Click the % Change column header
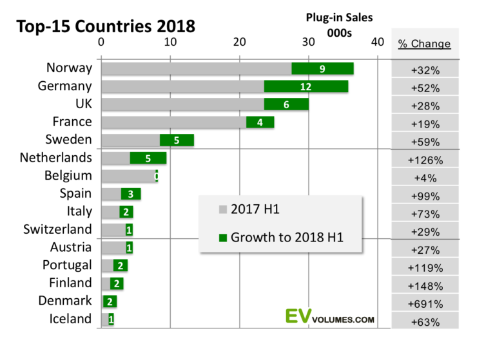(424, 44)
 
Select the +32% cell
(425, 70)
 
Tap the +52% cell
(425, 88)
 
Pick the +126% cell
(425, 160)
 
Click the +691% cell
(425, 304)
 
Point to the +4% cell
(425, 178)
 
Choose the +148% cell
(425, 286)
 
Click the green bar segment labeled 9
(322, 68)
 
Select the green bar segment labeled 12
(306, 86)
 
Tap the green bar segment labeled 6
(286, 104)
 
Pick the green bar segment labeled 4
(260, 122)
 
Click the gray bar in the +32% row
(196, 68)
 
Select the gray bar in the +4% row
(128, 176)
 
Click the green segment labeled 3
(131, 194)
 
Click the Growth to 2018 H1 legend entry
(281, 238)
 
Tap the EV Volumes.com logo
(329, 316)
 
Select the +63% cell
(425, 322)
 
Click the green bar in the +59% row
(177, 140)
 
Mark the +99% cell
(425, 196)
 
